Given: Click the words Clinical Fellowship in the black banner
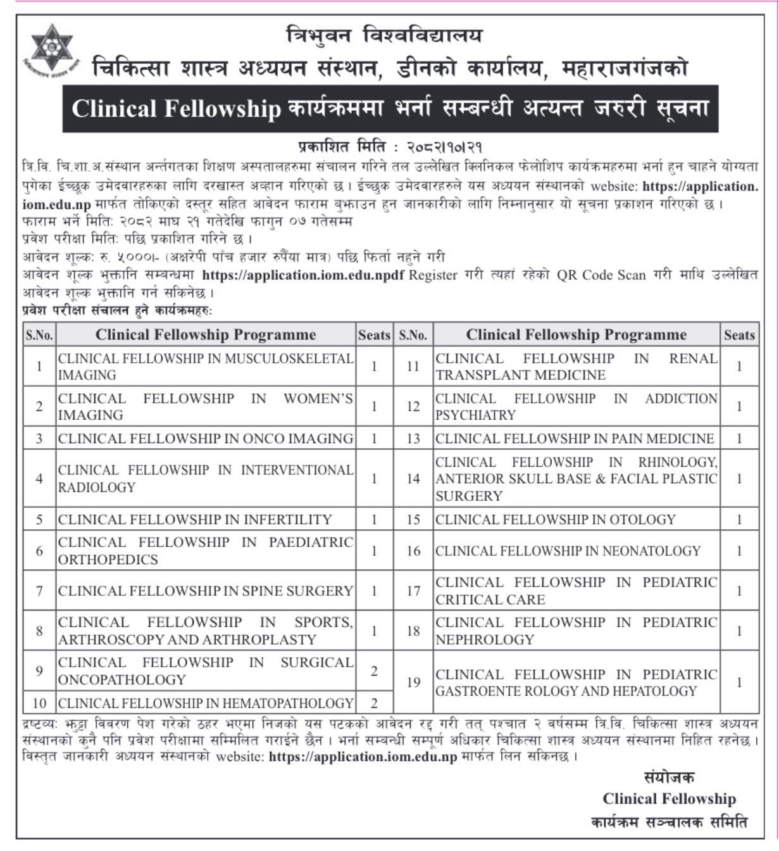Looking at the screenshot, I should click(176, 109).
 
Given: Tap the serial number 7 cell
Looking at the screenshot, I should click(39, 591).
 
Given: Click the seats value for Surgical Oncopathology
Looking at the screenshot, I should click(374, 671).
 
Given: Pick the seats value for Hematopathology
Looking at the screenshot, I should click(374, 703).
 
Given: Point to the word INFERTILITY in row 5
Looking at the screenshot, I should click(287, 519).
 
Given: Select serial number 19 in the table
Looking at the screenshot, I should click(413, 683).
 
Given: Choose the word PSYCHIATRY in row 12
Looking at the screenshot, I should click(475, 415).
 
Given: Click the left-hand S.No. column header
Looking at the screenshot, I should click(39, 335).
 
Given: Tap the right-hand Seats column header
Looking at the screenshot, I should click(739, 335).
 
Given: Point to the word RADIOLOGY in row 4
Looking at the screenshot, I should click(97, 488).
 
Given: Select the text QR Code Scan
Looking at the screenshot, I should click(601, 275).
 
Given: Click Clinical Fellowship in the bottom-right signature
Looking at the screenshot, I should click(669, 799).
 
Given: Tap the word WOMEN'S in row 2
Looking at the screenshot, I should click(318, 399).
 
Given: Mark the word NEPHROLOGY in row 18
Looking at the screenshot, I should click(485, 640).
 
